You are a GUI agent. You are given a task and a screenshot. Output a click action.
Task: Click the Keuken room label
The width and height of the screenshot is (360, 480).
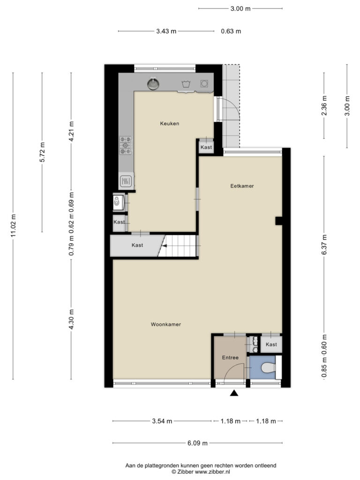[x=170, y=124]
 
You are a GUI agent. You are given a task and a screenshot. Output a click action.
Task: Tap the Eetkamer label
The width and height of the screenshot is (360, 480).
[x=242, y=186]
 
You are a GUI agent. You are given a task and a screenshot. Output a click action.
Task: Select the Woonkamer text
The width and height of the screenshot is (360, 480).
[x=166, y=324]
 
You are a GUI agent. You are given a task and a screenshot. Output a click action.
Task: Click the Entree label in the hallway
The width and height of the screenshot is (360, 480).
[x=230, y=358]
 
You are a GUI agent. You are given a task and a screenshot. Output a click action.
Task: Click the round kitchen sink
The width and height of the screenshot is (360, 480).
[x=153, y=83]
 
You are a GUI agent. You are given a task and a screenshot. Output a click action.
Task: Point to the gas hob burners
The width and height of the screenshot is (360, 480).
[x=126, y=145]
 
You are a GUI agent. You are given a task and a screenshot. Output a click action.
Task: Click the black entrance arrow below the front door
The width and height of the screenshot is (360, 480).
[x=234, y=393]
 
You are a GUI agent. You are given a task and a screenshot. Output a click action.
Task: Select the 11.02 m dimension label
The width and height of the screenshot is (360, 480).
[x=13, y=226]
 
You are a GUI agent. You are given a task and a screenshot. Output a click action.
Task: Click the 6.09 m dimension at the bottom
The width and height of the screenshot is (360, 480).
[x=197, y=443]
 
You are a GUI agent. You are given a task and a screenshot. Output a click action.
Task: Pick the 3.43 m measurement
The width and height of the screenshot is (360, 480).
[x=166, y=31]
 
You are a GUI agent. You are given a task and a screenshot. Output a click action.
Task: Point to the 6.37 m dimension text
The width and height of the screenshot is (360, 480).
[x=324, y=244]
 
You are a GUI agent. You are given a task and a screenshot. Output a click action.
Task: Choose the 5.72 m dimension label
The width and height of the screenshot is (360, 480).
[x=42, y=152]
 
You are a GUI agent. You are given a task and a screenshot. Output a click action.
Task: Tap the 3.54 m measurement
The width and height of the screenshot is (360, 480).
[x=162, y=421]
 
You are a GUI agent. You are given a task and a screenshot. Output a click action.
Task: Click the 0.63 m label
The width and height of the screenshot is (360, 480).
[x=231, y=31]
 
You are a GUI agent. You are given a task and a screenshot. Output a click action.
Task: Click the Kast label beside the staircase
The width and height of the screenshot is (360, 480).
[x=137, y=245]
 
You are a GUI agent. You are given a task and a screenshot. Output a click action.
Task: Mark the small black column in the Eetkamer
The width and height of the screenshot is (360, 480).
[x=278, y=221]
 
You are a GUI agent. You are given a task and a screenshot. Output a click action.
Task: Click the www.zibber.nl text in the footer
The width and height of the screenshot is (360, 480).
[x=212, y=472]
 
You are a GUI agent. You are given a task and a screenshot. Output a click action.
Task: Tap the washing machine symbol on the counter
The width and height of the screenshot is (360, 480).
[x=204, y=83]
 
